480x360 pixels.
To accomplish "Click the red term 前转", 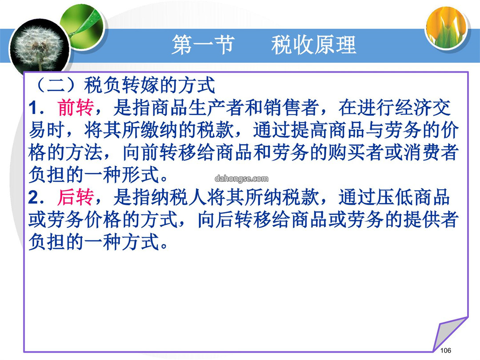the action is point(76,108).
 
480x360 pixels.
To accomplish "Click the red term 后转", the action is point(76,197).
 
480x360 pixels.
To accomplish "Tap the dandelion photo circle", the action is point(39,48).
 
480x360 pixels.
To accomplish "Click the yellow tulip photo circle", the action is point(447,27).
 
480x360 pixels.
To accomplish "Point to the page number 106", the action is point(445,351).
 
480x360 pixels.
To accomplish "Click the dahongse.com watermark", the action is point(241,179).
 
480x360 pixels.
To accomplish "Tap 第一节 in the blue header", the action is point(203,45).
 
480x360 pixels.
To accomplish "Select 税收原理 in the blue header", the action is point(313,45).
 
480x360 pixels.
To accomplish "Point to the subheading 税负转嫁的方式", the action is point(150,85).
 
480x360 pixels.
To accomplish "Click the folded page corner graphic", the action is point(450,334).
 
